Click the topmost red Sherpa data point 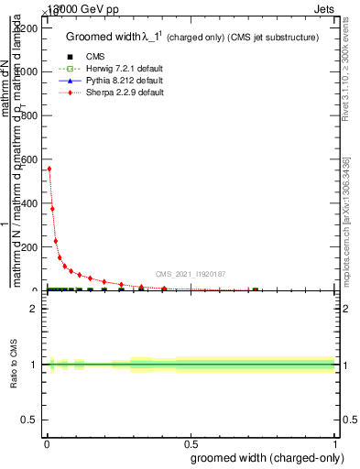pyautogui.click(x=49, y=169)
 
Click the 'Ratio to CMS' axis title pyautogui.click(x=15, y=365)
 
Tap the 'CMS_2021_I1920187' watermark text pyautogui.click(x=191, y=274)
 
